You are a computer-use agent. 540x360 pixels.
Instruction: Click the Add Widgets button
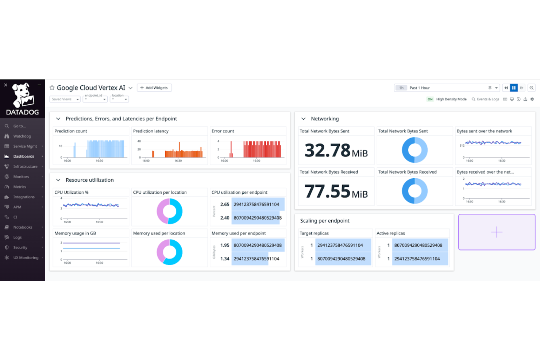154,88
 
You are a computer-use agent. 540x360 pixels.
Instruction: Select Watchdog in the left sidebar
22,136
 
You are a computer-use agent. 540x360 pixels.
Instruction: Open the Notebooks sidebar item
23,227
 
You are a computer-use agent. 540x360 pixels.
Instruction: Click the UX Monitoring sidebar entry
26,258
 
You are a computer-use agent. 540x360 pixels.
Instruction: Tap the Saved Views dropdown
65,99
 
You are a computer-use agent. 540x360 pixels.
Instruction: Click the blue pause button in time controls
514,88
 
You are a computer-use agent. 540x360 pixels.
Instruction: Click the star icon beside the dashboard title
52,88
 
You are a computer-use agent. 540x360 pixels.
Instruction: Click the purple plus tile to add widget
497,232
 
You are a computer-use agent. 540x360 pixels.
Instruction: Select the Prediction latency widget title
151,131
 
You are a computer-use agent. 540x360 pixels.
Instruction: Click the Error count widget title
223,131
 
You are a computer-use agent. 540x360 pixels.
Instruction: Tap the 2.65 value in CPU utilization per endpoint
225,205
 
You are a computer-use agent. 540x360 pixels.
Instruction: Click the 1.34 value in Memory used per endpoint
225,259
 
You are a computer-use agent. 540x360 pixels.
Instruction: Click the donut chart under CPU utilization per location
169,212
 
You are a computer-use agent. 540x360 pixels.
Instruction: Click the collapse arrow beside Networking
303,119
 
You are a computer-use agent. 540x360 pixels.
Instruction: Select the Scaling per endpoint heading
325,221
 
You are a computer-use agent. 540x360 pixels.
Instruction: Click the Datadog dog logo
23,96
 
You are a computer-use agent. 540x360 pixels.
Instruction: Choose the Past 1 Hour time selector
420,88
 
